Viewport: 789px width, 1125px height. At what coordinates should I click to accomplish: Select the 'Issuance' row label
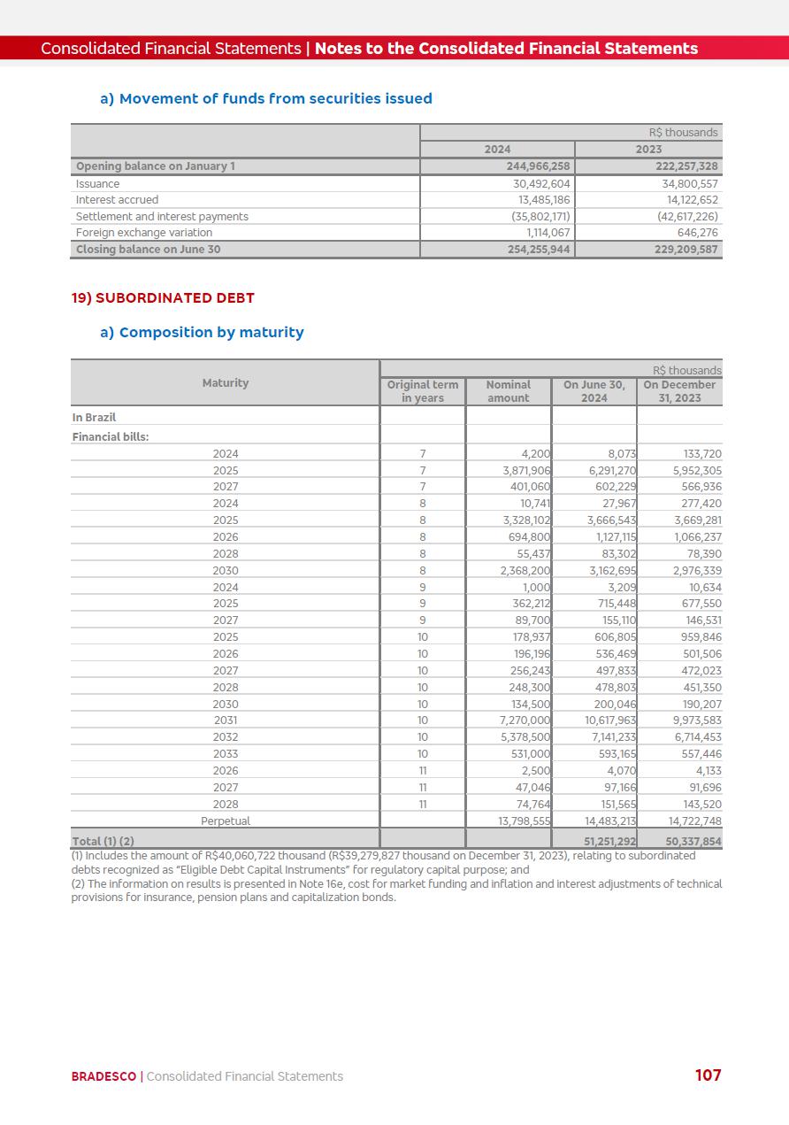coord(97,184)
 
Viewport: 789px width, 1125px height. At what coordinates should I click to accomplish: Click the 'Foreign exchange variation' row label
coord(143,233)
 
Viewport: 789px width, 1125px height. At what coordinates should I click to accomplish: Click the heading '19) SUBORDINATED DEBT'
coord(163,298)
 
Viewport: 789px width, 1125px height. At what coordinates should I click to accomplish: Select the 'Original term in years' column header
coord(423,391)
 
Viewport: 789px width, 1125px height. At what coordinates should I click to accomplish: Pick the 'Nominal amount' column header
coord(509,391)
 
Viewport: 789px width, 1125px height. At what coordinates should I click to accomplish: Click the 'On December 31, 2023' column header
coord(679,391)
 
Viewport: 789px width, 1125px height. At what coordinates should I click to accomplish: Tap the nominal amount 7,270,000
coord(525,720)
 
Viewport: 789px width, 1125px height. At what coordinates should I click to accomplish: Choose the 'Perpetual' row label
coord(226,821)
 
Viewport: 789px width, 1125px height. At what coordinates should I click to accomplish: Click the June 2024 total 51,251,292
coord(609,842)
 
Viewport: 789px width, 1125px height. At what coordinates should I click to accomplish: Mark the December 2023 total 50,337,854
coord(693,842)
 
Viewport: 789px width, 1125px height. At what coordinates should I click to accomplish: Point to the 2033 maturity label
coord(226,754)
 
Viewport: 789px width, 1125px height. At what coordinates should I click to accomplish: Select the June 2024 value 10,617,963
coord(610,720)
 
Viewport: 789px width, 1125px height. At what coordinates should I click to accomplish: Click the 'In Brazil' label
coord(94,418)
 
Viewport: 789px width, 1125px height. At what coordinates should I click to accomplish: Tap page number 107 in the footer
coord(708,1075)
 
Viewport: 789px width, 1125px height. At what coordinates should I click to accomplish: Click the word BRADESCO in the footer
coord(103,1076)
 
